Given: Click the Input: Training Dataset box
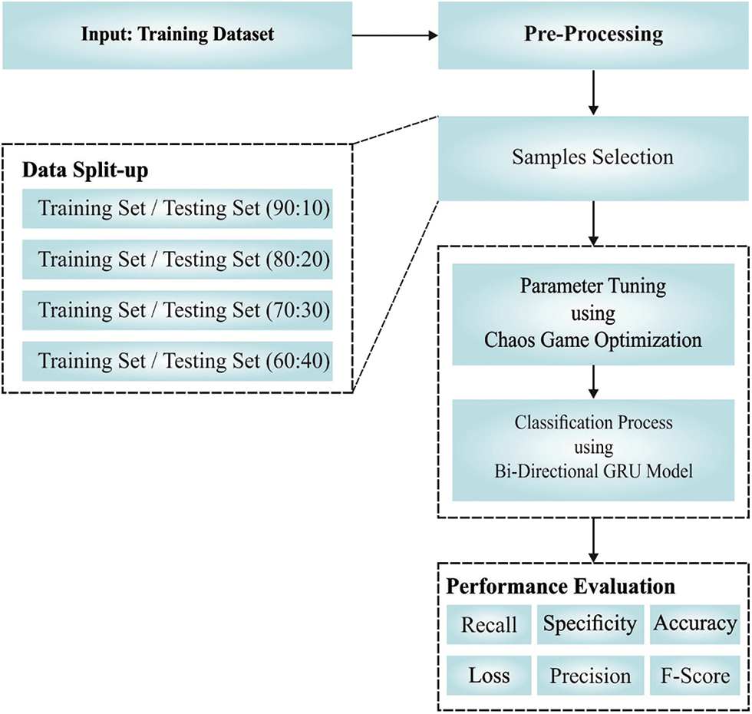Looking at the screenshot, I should (177, 35).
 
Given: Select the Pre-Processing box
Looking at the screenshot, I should (592, 35).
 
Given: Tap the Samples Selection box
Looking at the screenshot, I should (592, 157).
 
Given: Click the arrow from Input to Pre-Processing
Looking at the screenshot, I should (394, 35).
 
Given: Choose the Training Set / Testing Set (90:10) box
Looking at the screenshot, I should (177, 209).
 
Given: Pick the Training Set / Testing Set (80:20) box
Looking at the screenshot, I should (177, 259).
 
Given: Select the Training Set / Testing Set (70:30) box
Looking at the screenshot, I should (177, 309).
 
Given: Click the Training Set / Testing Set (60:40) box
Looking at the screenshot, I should (177, 360).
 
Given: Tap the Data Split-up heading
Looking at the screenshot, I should (86, 170).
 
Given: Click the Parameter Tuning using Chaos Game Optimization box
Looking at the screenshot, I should (592, 313).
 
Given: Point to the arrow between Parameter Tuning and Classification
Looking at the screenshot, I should (592, 382).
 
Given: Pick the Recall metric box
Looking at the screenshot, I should (489, 624).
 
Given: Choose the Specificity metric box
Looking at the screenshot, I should (590, 624).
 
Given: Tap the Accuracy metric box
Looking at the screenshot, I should (695, 624).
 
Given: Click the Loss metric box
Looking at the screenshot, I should (489, 676).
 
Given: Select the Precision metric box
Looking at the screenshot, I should (590, 676).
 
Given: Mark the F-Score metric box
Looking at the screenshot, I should (695, 676).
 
